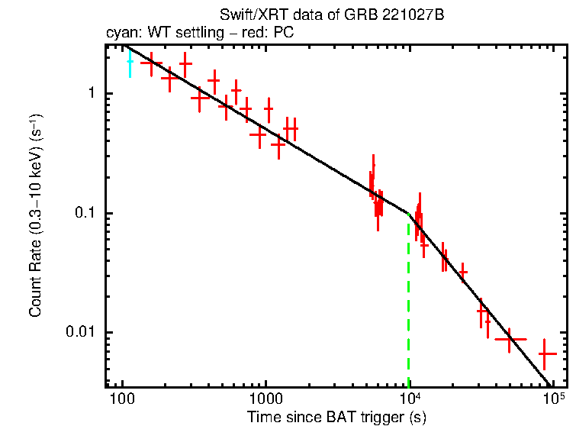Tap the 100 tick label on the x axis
[122, 401]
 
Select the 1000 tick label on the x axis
[265, 401]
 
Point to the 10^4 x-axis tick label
[410, 399]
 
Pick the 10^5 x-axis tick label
[553, 399]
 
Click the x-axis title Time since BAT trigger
[336, 417]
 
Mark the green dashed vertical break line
[409, 305]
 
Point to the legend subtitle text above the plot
[198, 33]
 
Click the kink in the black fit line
[410, 215]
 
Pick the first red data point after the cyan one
[151, 63]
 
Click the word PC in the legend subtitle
[285, 33]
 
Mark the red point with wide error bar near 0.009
[510, 339]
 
